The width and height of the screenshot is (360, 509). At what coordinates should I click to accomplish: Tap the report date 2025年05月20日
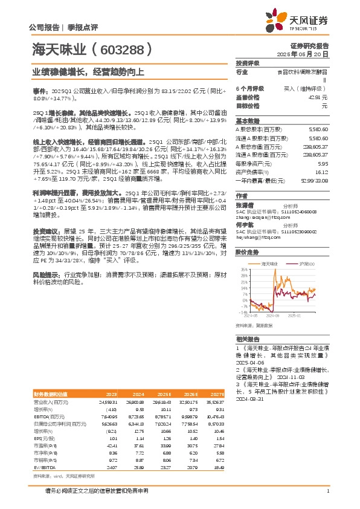click(308, 54)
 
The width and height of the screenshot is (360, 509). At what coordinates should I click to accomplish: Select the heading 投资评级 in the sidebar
click(247, 63)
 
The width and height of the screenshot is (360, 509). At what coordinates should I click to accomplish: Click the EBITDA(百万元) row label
click(50, 417)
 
